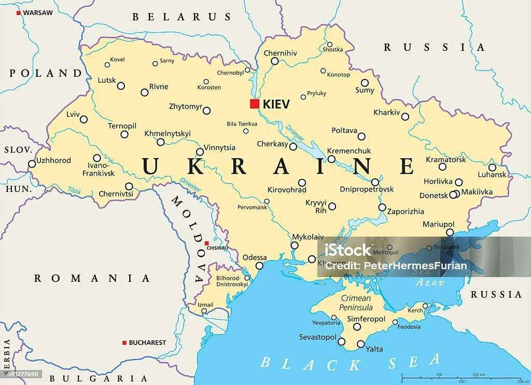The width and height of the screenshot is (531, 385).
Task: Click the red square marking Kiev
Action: pos(255,104)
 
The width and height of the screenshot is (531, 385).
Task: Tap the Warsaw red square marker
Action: pos(19,12)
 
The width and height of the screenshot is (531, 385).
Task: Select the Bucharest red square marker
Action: pos(124,342)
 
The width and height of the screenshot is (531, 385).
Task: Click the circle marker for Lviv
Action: pos(83,119)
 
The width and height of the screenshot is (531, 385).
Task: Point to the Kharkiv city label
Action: pos(387,112)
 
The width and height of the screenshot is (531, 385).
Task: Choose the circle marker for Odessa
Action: pos(259,266)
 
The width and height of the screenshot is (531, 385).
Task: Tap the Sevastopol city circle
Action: pos(341,341)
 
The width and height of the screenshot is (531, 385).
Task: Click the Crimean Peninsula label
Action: pos(356,303)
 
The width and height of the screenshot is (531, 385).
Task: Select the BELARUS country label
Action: pos(181,17)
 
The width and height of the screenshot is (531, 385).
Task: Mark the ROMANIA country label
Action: pos(92,279)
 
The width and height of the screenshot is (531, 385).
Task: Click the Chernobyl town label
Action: pos(230,73)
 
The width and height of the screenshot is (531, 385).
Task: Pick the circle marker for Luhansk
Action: pos(492,167)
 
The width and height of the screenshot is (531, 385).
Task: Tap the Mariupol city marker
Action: pos(450,232)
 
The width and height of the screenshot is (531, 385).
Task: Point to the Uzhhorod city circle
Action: pos(32,164)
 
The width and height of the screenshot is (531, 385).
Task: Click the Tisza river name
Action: pos(73,191)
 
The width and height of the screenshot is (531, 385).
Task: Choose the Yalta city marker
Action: pos(361,344)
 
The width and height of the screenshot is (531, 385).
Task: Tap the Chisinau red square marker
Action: pos(206,243)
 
